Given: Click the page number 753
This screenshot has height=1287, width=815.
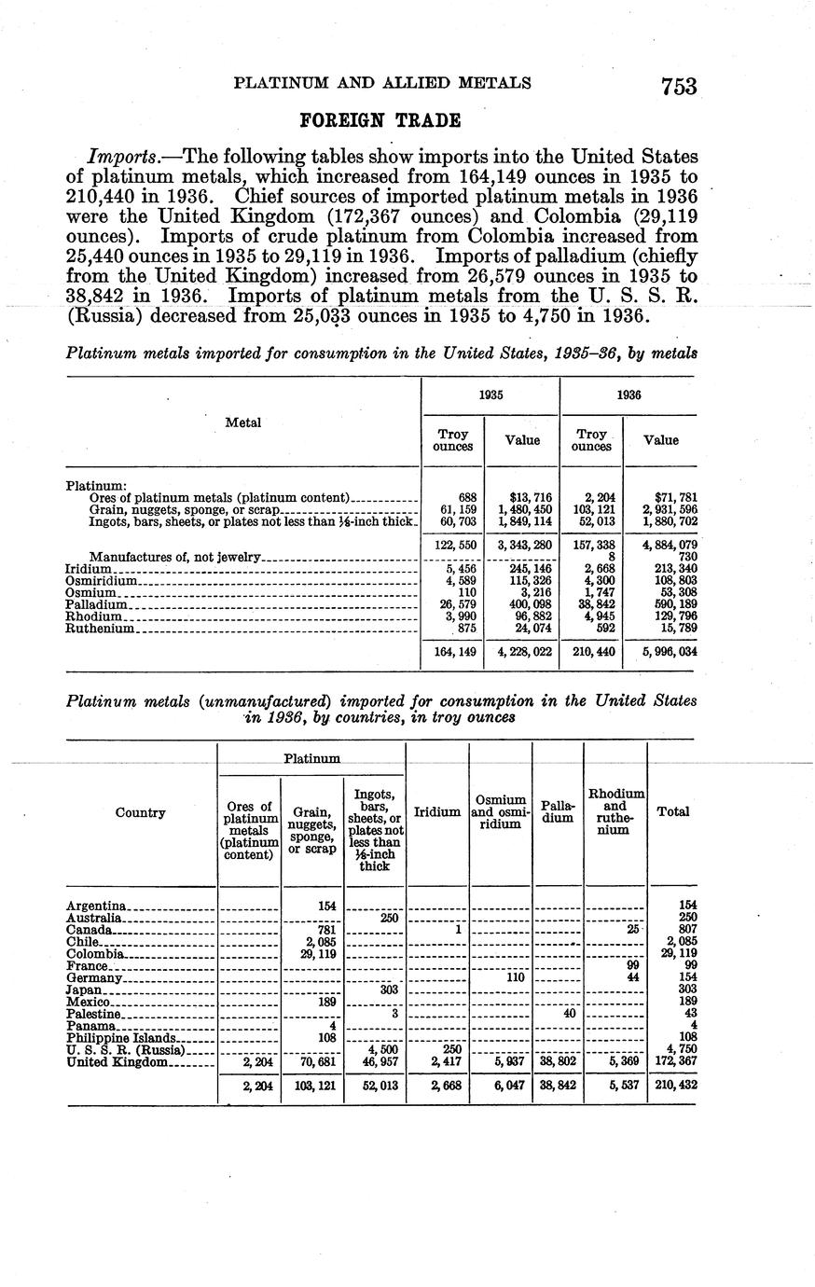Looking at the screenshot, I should (x=679, y=86).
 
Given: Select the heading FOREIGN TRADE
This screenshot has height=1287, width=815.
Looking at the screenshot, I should (x=380, y=120).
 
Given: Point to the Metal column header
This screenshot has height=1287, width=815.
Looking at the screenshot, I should (x=243, y=422).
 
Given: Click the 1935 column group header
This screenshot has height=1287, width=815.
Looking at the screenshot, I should (x=491, y=394).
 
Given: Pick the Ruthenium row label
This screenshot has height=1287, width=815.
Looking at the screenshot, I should (x=102, y=630).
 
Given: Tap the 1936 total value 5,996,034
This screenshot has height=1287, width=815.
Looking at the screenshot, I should (x=661, y=653).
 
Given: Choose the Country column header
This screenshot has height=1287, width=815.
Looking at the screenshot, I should (x=141, y=812).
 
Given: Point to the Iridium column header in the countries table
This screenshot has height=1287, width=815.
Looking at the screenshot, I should (x=437, y=812).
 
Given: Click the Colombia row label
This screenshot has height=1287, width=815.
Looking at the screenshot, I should (x=95, y=954).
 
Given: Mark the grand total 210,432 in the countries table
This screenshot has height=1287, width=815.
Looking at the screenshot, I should (x=675, y=1086).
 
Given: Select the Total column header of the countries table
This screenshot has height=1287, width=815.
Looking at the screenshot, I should (x=673, y=812).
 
